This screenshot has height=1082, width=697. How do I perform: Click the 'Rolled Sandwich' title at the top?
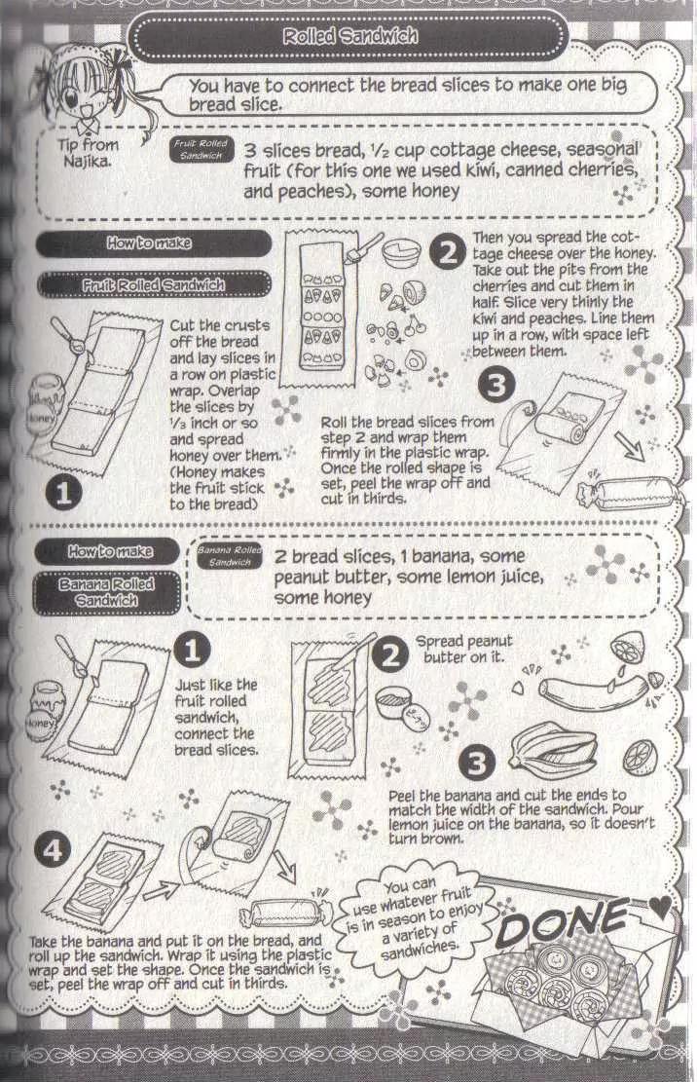(x=349, y=36)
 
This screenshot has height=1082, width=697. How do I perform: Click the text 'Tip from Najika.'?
(x=88, y=153)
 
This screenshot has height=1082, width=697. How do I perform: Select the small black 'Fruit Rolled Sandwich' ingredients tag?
(x=201, y=150)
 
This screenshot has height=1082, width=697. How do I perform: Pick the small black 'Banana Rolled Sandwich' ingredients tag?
(x=230, y=556)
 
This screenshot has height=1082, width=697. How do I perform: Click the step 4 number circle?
(x=53, y=850)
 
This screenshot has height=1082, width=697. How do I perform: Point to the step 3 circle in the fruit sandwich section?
(x=496, y=385)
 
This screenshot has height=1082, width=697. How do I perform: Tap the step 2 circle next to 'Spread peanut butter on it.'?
(x=390, y=654)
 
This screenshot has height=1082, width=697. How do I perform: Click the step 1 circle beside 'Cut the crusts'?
(x=63, y=493)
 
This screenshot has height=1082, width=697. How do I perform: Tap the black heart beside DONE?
(x=659, y=907)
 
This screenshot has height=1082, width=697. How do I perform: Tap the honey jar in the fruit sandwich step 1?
(x=43, y=409)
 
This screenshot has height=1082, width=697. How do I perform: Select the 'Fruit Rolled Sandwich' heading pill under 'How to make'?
(x=153, y=284)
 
